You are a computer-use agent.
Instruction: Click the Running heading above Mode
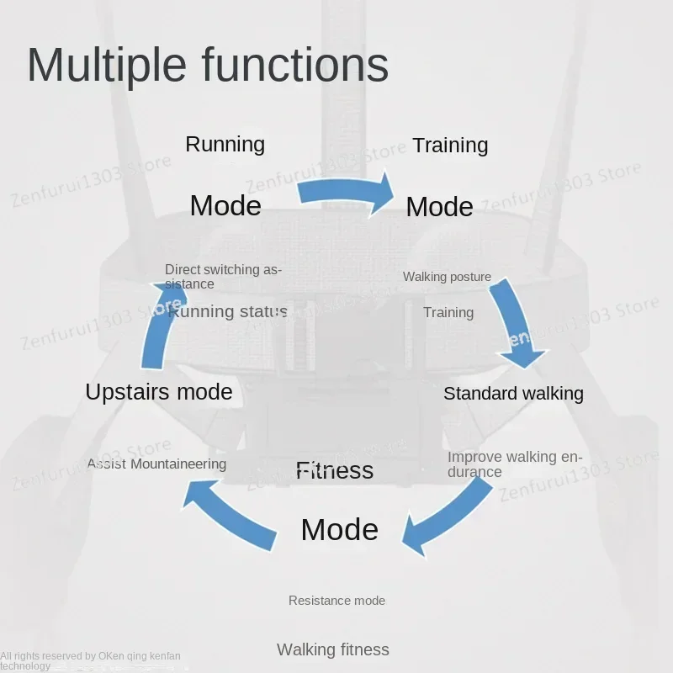[225, 144]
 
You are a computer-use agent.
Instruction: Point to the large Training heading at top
[450, 145]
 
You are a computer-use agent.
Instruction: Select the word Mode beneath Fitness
[339, 529]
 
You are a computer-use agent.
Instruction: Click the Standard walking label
[513, 393]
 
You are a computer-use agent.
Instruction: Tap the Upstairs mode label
[158, 391]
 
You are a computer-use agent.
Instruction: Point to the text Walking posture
[447, 277]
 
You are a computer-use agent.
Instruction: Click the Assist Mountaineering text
[156, 464]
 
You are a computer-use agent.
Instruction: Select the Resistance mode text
[336, 601]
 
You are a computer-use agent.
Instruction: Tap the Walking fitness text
[333, 649]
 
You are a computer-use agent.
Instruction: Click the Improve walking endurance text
[514, 464]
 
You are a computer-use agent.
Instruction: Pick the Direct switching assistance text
[223, 277]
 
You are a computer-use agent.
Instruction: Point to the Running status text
[228, 312]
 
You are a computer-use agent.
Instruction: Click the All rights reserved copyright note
[90, 660]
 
